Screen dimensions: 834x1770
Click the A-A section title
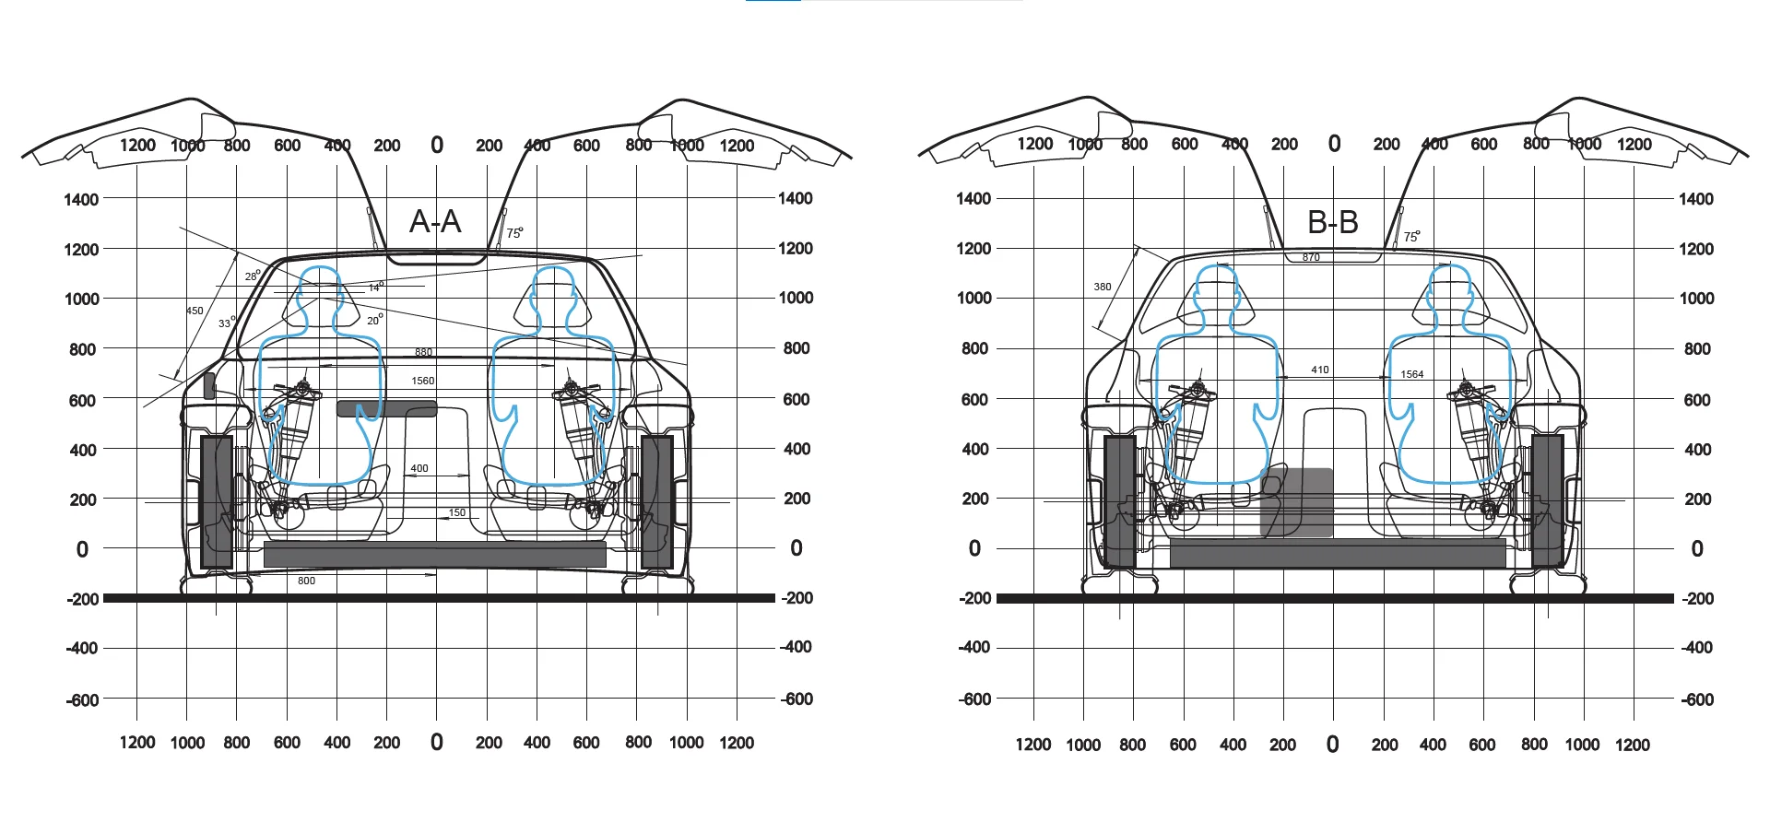point(435,222)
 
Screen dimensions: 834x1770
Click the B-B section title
point(1332,222)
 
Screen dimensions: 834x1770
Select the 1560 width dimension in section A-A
point(423,381)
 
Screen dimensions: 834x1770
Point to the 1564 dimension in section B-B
point(1411,374)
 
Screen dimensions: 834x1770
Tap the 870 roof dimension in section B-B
point(1311,258)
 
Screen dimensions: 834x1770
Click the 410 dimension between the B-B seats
point(1320,370)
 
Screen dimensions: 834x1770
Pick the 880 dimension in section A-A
point(423,352)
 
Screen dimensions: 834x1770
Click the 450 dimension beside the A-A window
point(195,311)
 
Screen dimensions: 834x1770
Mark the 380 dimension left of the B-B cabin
point(1103,287)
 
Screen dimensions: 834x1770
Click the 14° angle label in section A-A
point(375,288)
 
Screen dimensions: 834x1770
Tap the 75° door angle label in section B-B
point(1411,237)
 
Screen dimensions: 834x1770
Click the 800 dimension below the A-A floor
point(306,581)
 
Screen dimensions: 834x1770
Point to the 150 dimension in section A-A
point(457,512)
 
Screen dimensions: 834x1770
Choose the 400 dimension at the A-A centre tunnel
point(419,468)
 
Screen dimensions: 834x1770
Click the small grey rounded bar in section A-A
point(386,408)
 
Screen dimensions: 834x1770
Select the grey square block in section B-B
point(1297,502)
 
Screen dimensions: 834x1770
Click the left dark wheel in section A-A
point(217,502)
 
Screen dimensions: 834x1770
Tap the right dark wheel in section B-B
point(1548,500)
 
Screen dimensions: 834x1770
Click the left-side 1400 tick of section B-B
point(973,198)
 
